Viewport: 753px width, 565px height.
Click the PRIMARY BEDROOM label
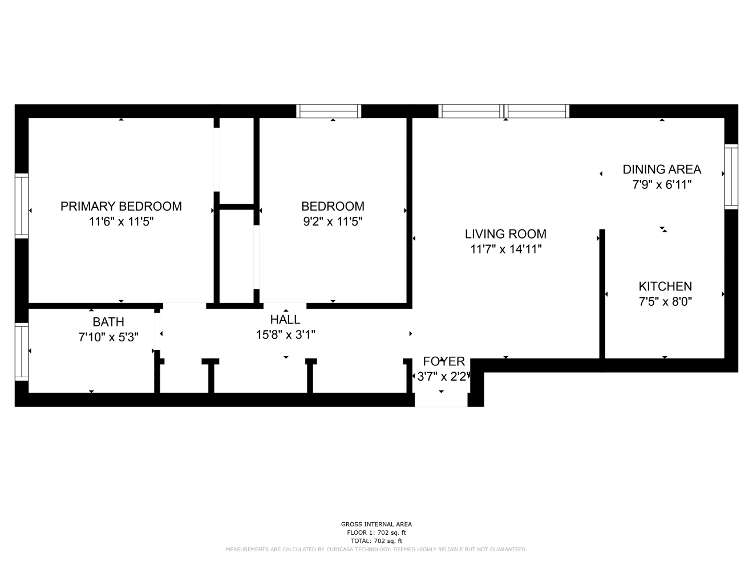121,206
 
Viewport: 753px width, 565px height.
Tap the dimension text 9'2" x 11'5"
333,221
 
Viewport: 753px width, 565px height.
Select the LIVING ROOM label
505,234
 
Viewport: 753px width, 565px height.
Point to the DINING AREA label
662,169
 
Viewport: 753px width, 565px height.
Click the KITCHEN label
665,286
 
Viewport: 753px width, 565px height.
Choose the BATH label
108,322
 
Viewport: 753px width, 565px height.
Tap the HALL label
285,320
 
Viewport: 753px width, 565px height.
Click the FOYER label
444,362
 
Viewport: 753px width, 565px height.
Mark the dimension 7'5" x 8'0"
665,302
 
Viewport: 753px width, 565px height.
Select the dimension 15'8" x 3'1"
285,335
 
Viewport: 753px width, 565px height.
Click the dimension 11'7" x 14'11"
505,249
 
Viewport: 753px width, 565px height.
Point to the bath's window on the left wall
22,352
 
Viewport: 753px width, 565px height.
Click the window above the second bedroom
329,111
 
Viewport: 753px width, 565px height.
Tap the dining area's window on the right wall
731,177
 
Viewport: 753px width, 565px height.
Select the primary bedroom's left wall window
22,206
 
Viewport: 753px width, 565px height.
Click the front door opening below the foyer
441,400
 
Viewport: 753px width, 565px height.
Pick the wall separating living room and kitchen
602,294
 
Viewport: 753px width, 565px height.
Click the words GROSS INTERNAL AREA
376,524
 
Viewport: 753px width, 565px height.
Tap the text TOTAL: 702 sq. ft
376,541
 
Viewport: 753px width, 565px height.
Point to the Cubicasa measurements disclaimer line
376,550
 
